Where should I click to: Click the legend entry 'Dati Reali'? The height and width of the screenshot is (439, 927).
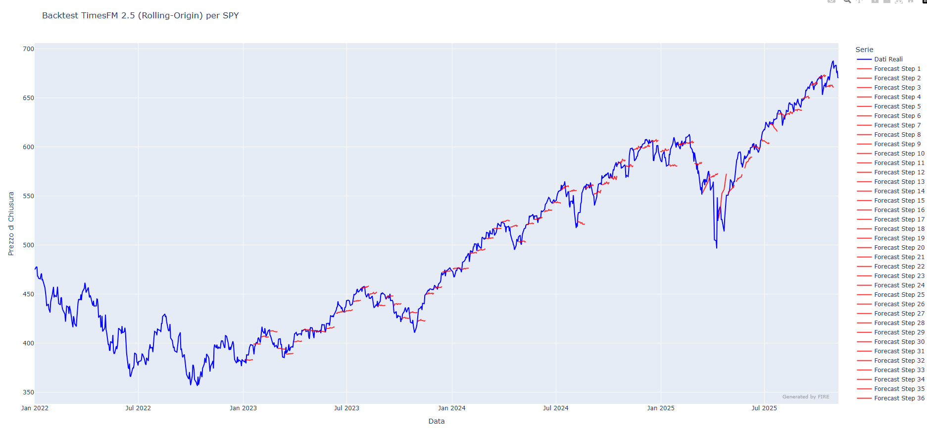click(888, 59)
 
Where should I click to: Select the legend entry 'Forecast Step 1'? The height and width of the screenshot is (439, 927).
click(897, 69)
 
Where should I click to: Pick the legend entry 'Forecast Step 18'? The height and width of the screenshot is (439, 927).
click(899, 229)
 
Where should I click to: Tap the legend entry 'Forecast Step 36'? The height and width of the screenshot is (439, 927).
click(899, 398)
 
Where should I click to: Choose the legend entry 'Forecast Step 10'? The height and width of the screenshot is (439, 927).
click(899, 154)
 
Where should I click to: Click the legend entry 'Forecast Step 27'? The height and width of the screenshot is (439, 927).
click(899, 314)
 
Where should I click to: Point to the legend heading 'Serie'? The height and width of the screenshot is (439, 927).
click(864, 50)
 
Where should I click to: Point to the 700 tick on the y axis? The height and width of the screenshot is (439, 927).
click(28, 49)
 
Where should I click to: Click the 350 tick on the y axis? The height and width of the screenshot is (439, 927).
click(28, 392)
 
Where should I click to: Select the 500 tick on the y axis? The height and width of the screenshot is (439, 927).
click(28, 245)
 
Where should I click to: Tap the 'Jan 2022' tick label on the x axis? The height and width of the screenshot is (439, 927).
click(35, 408)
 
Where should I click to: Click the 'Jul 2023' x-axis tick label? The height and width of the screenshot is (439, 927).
click(346, 408)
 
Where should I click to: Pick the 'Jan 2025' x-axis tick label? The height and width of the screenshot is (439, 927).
click(661, 408)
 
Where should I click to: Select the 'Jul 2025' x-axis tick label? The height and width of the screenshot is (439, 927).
click(764, 408)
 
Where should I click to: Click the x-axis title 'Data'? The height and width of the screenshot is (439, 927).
click(436, 421)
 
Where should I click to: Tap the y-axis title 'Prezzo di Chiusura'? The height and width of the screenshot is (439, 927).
click(11, 224)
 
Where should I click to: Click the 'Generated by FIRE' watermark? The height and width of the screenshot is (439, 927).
click(805, 397)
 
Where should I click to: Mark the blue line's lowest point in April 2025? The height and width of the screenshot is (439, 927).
click(716, 248)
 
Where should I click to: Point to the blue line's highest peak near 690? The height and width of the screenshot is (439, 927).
click(833, 61)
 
